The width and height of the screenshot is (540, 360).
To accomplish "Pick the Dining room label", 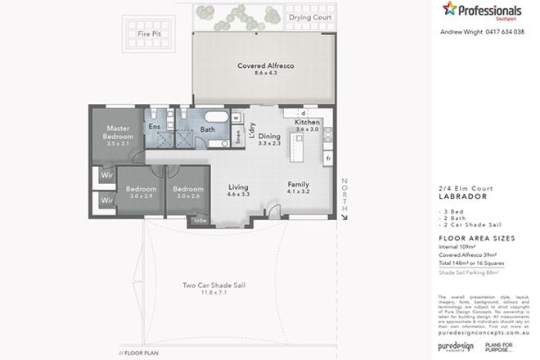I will (269, 137).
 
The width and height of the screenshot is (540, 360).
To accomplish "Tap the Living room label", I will (238, 189).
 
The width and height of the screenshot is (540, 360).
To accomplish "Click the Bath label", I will (208, 129).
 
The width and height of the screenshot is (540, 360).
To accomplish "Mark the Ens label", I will (154, 127).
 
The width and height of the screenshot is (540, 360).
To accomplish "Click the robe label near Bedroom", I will (200, 221).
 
